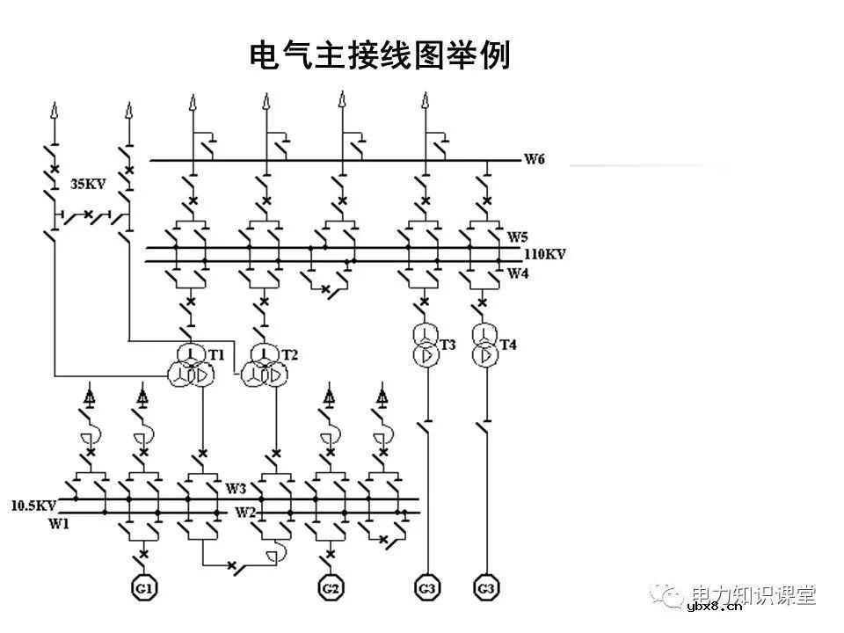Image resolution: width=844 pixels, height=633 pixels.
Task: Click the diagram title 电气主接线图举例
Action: coord(381,56)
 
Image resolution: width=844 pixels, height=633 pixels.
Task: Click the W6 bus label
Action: coord(535,159)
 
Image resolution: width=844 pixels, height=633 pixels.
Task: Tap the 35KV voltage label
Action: coord(88,185)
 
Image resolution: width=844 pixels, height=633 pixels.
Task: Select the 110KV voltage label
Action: coord(545,254)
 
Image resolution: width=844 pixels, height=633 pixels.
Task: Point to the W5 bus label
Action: coord(518,237)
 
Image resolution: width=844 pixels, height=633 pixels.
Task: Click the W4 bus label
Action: coord(518,273)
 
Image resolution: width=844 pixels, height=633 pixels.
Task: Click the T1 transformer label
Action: coord(216,354)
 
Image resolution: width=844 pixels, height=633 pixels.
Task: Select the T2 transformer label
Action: coord(290,354)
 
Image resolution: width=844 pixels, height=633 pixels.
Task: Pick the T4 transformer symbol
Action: coord(484,345)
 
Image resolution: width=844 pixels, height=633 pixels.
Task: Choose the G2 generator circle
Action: coord(331,586)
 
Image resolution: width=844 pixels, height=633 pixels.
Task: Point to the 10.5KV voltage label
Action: coord(33,506)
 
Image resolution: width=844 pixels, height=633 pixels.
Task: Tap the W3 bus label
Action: coord(236,488)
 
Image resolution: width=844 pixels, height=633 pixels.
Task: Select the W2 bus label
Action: coord(244,512)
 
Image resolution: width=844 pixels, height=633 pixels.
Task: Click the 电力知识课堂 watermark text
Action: coord(754,594)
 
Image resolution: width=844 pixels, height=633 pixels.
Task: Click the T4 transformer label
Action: coord(508,344)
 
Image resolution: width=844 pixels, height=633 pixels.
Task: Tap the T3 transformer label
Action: coord(448,344)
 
